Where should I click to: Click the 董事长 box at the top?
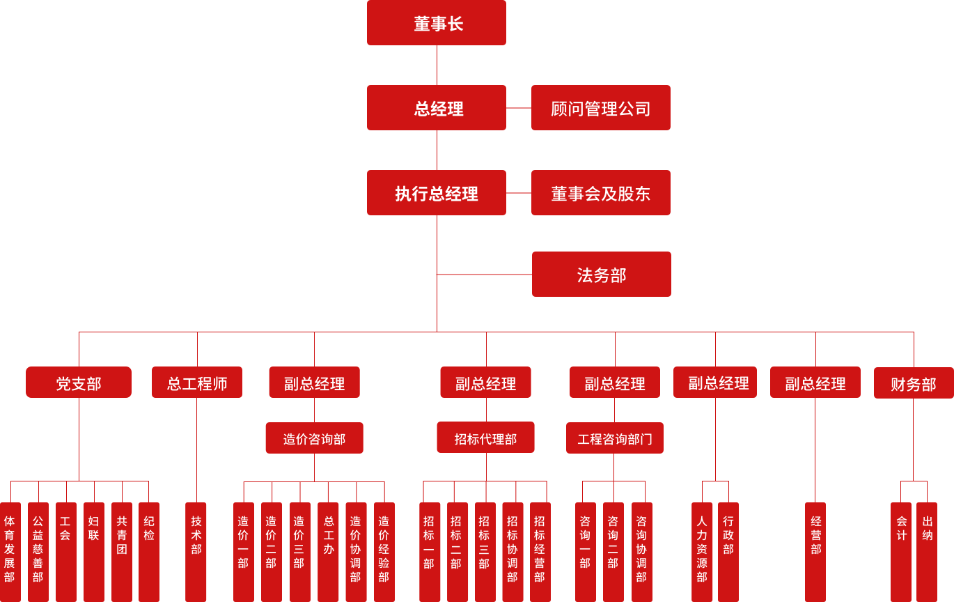point(437,23)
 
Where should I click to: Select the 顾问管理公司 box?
point(600,108)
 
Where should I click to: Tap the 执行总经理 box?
point(437,193)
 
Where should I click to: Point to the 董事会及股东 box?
point(600,193)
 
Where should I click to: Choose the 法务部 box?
point(601,275)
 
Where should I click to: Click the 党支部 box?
point(79,383)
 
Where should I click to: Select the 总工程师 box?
point(197,383)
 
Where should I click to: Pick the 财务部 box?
point(913,383)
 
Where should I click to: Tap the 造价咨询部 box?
point(314,438)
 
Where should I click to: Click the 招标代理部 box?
point(485,438)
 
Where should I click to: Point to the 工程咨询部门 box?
point(614,438)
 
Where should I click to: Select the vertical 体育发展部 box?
point(10,550)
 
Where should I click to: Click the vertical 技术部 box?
point(196,550)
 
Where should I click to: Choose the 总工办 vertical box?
point(328,550)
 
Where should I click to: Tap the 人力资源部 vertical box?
point(702,550)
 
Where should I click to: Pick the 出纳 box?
point(927,550)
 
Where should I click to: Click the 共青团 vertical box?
point(122,550)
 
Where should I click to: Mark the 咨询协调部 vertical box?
point(641,550)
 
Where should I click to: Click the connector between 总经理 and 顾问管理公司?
point(519,108)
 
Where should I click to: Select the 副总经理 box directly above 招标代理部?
point(485,383)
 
